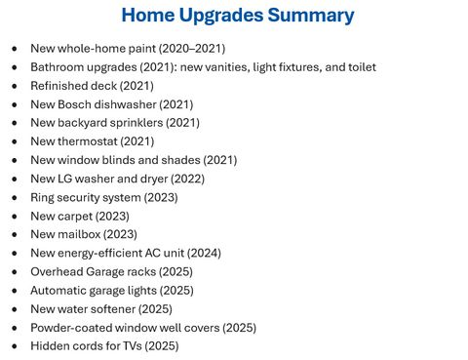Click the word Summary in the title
[311, 16]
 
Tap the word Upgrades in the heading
[221, 16]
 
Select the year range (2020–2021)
[192, 49]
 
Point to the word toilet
[362, 67]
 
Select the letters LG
[64, 179]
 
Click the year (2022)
[187, 179]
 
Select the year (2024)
[204, 253]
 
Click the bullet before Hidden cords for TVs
[15, 346]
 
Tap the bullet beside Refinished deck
[15, 86]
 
